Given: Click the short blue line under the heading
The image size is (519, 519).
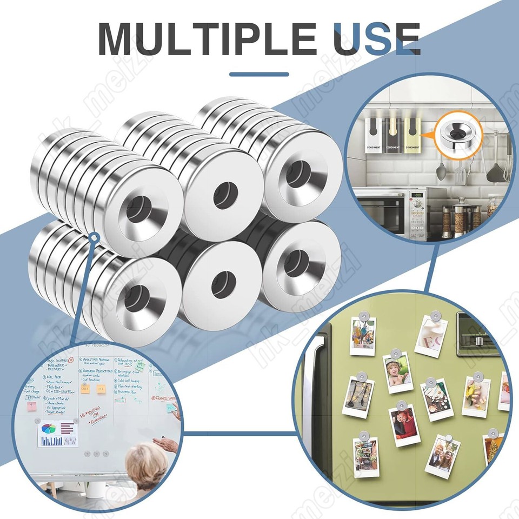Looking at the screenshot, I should tap(259, 75).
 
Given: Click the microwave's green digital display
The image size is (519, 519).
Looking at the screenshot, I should tap(417, 195).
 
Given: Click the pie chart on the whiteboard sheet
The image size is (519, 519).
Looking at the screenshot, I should tap(49, 430).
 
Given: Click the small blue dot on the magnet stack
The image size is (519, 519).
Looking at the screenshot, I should tap(94, 237).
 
